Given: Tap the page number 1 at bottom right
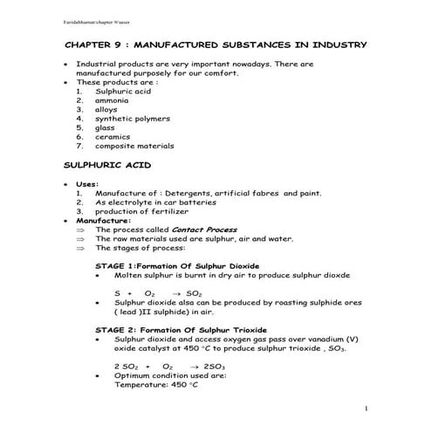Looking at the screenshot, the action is [367, 408].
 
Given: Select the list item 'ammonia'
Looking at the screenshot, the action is [112, 100].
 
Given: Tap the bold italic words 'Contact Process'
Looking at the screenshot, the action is [205, 230].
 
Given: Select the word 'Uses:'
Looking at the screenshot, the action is [88, 184].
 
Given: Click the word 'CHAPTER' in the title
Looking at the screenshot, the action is [93, 45].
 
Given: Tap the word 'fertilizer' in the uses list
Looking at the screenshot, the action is [174, 211].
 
